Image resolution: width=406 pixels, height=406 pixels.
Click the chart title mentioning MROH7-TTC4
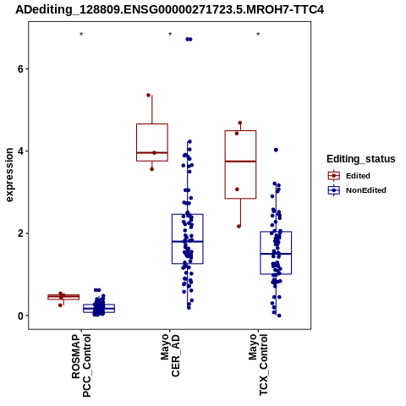coord(170,9)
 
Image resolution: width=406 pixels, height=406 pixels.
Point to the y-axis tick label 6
coord(20,69)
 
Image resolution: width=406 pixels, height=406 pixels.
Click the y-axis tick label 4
coord(20,151)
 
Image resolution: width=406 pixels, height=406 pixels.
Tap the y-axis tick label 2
coord(20,233)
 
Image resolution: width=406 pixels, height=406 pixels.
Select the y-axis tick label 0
coord(20,315)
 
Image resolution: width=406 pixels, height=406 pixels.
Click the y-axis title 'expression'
coord(9,175)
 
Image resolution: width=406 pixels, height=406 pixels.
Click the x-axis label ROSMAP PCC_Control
coord(81,365)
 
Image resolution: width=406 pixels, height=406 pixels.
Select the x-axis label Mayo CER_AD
coord(170,356)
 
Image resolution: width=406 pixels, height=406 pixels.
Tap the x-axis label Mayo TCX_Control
coord(258,365)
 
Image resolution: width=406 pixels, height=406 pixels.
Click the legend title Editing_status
coord(361,159)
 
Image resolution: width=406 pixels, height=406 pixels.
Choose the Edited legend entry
coord(349,176)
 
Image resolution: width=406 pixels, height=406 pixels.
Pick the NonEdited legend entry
coord(357,190)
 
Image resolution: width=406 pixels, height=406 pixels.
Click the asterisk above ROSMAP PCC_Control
coord(81,35)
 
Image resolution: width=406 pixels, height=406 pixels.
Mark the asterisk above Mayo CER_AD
coord(170,35)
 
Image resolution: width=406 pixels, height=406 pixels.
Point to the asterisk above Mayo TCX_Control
coord(258,35)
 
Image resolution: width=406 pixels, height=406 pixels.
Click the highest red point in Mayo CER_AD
coord(149,96)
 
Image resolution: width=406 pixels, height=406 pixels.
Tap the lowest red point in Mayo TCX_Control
coord(239,227)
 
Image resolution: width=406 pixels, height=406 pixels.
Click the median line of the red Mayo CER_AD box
coord(152,152)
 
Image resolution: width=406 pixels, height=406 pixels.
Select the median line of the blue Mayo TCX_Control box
coord(276,254)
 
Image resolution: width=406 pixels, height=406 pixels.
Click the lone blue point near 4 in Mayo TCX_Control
coord(276,150)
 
